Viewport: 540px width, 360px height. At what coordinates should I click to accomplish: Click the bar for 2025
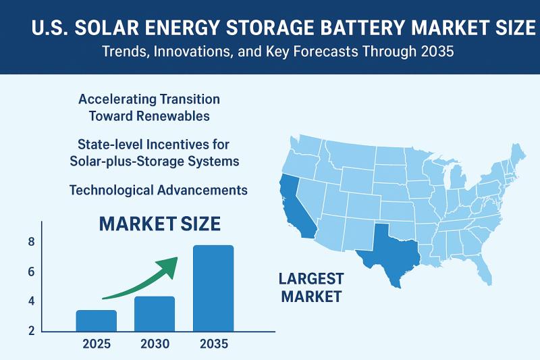[96, 320]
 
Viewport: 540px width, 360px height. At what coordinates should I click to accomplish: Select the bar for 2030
[155, 313]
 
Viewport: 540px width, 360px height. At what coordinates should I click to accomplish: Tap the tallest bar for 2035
[213, 288]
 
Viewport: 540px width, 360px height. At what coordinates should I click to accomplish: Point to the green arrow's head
[171, 265]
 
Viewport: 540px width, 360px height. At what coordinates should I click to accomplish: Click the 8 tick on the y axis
[31, 242]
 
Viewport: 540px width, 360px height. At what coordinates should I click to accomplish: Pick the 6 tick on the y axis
[31, 272]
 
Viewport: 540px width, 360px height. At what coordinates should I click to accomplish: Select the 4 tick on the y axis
[31, 301]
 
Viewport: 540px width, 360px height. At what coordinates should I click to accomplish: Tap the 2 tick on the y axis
[31, 330]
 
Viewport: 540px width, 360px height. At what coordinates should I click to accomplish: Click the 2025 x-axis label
[96, 344]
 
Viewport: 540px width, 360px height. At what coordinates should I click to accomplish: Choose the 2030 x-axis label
[155, 344]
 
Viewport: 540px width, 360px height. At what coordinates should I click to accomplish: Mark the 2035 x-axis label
[214, 344]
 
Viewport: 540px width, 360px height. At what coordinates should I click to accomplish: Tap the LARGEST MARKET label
[311, 287]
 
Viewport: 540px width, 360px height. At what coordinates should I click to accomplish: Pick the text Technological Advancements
[159, 190]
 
